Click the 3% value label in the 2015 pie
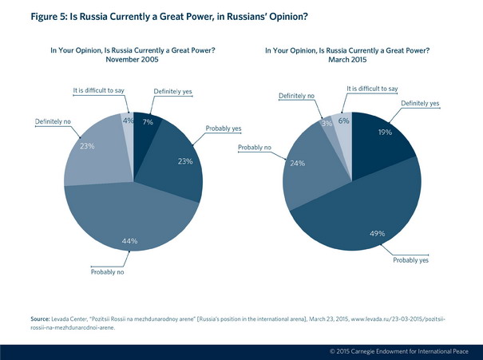click(327, 125)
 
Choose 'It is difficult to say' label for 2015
click(373, 89)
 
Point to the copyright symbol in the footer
click(333, 351)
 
